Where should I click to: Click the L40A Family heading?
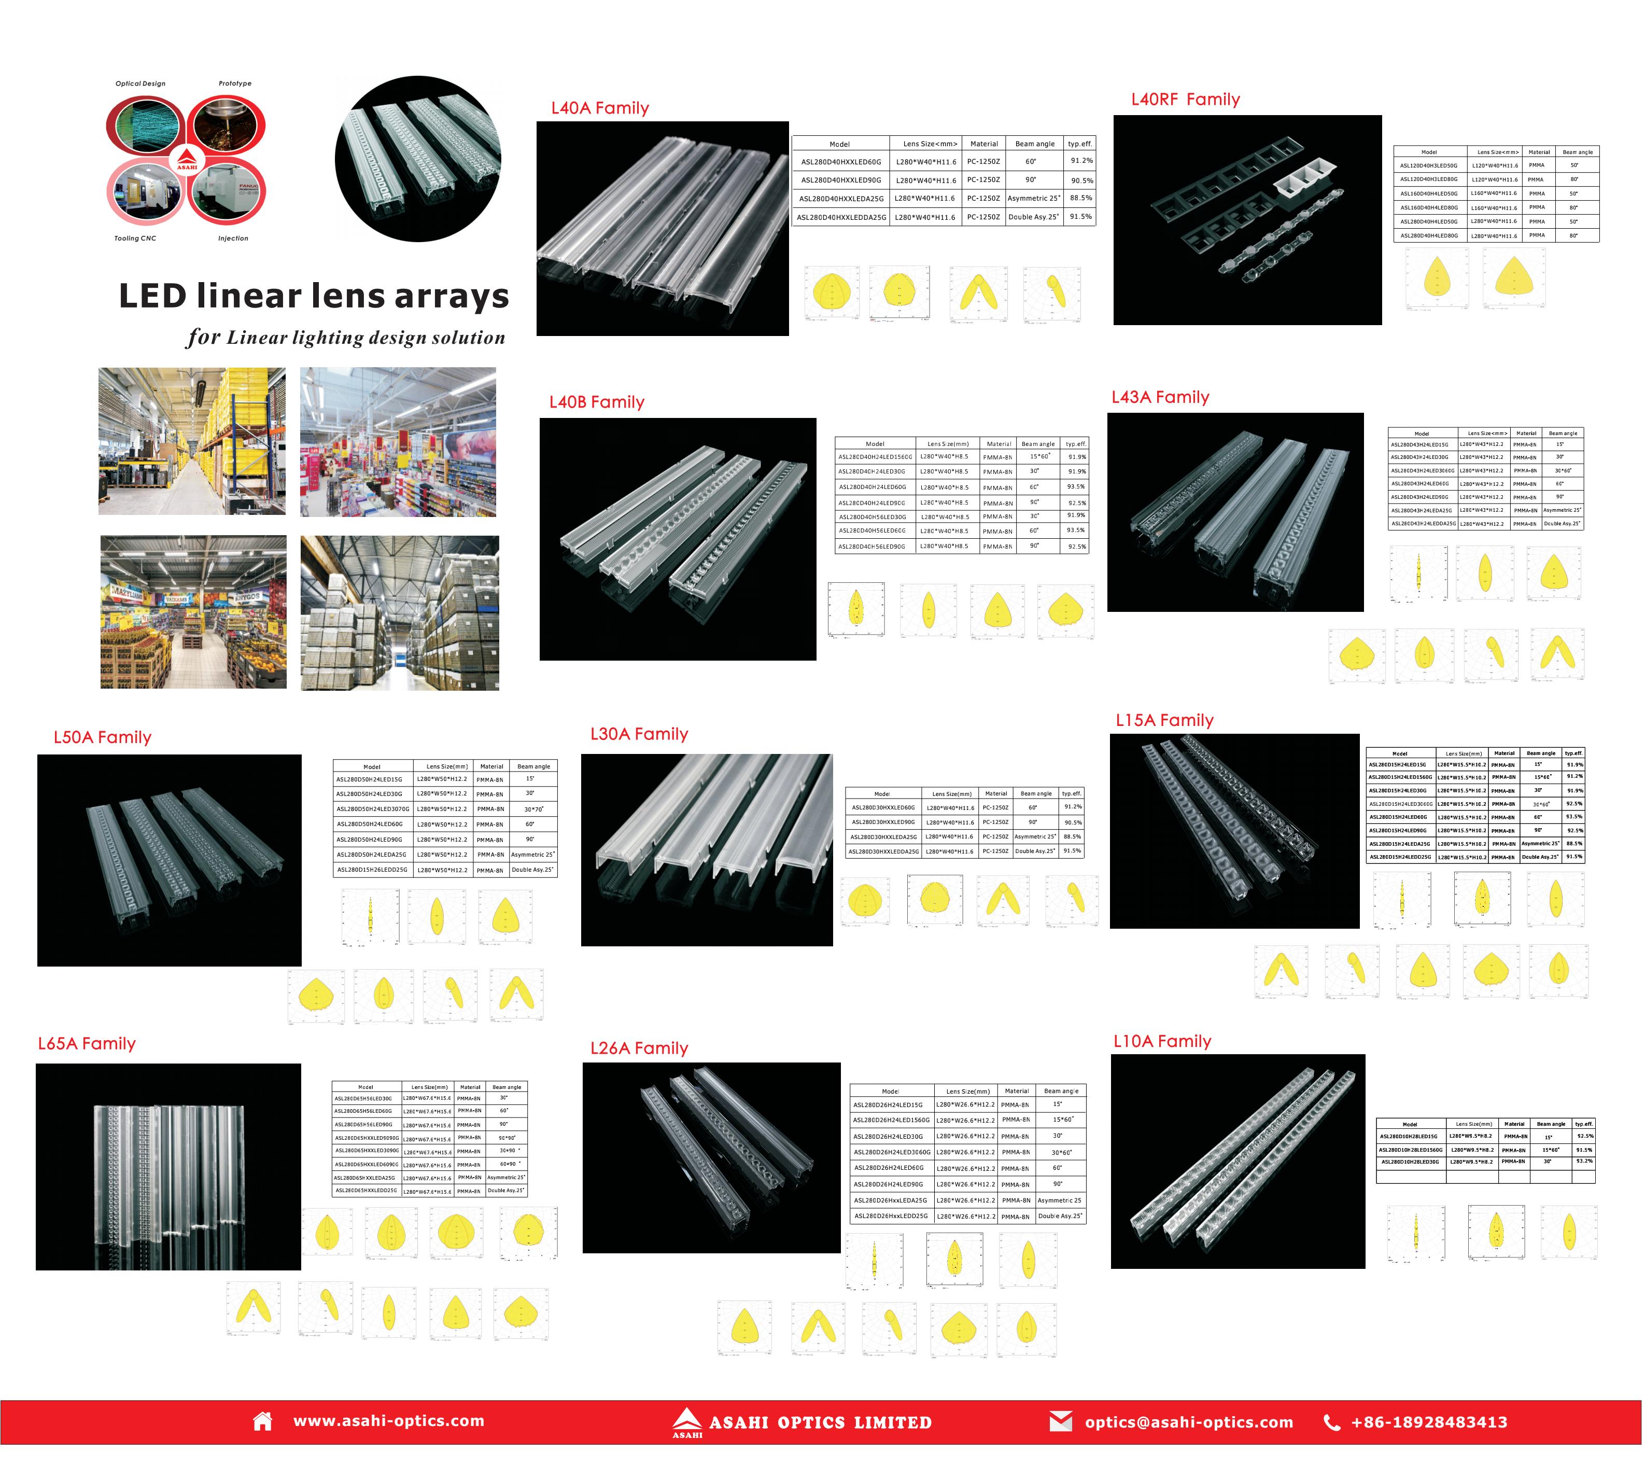[x=600, y=108]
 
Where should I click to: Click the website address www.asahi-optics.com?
[x=389, y=1421]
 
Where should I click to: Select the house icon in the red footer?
[x=262, y=1421]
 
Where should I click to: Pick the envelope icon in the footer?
[x=1061, y=1421]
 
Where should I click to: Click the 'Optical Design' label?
[x=140, y=84]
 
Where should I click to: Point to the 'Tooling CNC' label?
[x=135, y=239]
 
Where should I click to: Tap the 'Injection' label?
[x=233, y=239]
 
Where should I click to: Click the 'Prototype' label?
[x=235, y=84]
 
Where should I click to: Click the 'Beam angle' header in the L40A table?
[x=1035, y=144]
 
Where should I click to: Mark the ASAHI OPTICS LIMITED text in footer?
[x=820, y=1423]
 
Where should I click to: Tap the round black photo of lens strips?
[x=418, y=159]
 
